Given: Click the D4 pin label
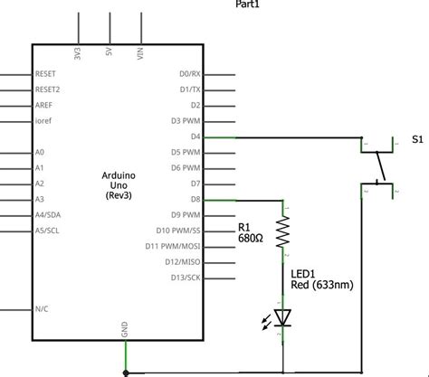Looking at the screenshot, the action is coord(195,137).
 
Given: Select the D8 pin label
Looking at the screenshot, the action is coord(195,199).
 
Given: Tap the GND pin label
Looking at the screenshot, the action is coord(124,329).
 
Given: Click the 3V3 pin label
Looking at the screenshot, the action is coord(78,53).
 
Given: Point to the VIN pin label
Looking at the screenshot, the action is coord(140,53).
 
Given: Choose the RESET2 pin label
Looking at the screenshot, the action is coord(47,90).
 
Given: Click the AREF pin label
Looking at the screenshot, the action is coord(43,105).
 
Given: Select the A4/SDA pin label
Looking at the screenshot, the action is coord(48,215).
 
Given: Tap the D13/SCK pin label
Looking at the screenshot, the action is coord(186,278).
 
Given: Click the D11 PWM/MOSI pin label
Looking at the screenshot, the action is coord(173,246).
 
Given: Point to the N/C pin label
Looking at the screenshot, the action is coord(42,309).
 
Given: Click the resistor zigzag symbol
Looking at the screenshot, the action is coord(282,231).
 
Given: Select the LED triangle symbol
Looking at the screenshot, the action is coord(282,317).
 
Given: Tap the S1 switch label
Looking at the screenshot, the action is coord(417,139).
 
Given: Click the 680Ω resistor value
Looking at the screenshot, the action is coord(251,239).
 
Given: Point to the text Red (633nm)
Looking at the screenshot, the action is coord(322,285).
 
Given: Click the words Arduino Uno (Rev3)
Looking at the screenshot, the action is coord(119,185).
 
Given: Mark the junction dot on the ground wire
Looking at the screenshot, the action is coord(126,373).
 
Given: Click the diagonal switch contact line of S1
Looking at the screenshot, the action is coord(381,166).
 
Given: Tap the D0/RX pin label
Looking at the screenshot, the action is coord(190,74).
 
